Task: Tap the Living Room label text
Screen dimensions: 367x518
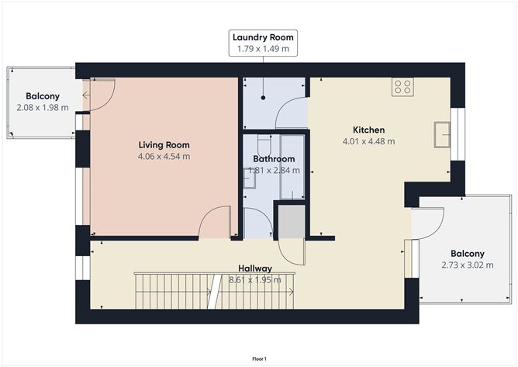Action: [x=164, y=145]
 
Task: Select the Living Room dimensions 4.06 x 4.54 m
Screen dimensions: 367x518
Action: [x=164, y=157]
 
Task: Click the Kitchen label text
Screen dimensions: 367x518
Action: [x=369, y=130]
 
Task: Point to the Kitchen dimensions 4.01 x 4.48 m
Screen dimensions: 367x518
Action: [x=369, y=141]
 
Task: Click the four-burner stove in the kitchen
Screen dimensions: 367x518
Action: [x=402, y=87]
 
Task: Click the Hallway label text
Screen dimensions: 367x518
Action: [x=257, y=268]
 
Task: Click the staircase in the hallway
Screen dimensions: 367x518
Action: [x=212, y=289]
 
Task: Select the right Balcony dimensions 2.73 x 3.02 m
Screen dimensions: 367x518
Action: [x=467, y=265]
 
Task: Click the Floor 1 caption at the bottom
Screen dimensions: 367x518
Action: [x=259, y=358]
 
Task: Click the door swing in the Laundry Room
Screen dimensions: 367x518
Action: [x=291, y=115]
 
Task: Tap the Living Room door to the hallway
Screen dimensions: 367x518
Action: [x=215, y=223]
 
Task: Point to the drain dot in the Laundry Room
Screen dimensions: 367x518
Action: [x=264, y=99]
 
